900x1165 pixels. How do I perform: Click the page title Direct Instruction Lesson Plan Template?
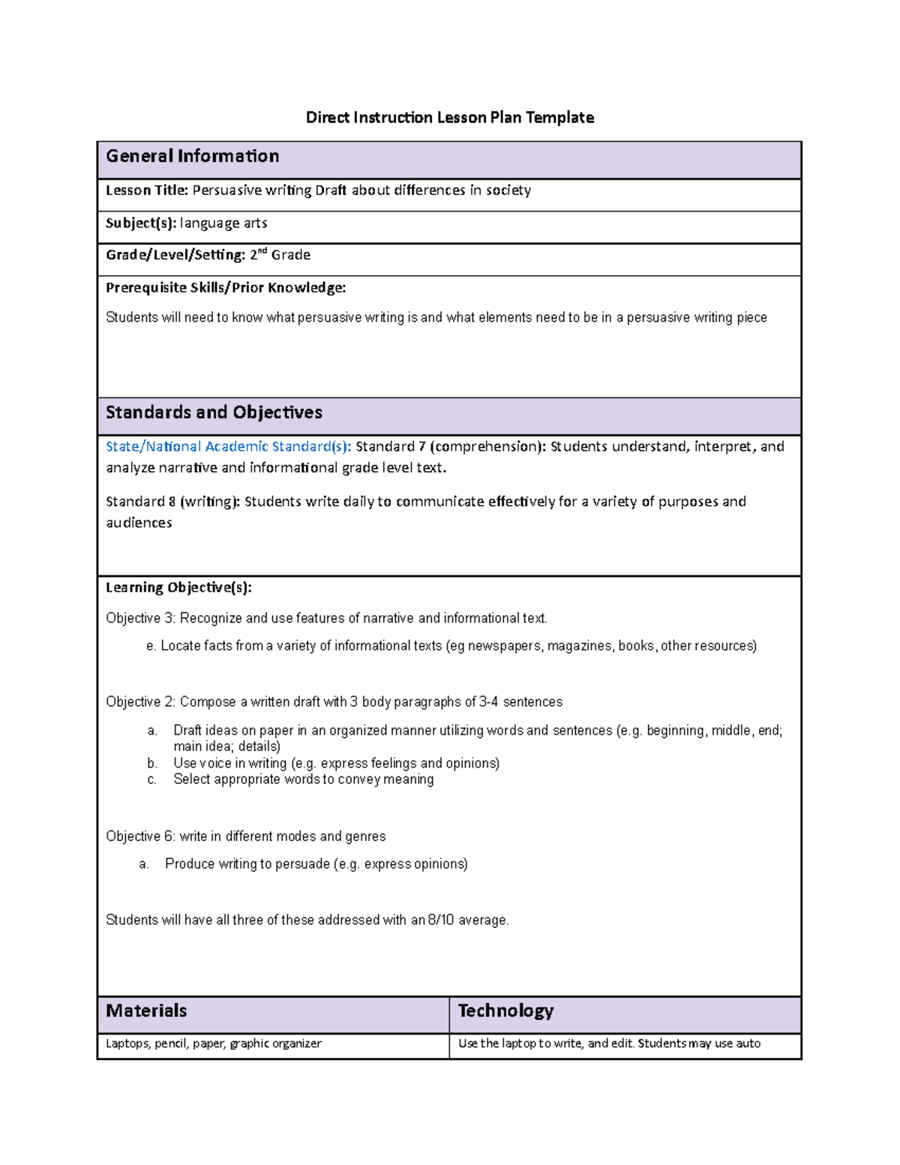pyautogui.click(x=449, y=118)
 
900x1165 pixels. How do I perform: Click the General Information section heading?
pyautogui.click(x=193, y=156)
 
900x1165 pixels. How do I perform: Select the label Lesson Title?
pyautogui.click(x=147, y=191)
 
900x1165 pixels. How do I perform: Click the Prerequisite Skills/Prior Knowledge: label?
pyautogui.click(x=226, y=287)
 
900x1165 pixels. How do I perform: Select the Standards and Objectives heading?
pyautogui.click(x=214, y=413)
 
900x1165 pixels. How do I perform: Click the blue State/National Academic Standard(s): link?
pyautogui.click(x=228, y=446)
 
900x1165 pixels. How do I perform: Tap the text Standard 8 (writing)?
pyautogui.click(x=172, y=501)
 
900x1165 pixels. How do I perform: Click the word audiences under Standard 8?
pyautogui.click(x=139, y=523)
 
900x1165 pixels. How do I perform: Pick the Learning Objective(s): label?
pyautogui.click(x=178, y=587)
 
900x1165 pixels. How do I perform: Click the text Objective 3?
pyautogui.click(x=140, y=618)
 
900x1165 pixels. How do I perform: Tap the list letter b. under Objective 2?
pyautogui.click(x=152, y=764)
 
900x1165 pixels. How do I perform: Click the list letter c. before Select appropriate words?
pyautogui.click(x=152, y=779)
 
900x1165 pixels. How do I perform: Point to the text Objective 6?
pyautogui.click(x=140, y=836)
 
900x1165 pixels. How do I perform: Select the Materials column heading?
pyautogui.click(x=146, y=1010)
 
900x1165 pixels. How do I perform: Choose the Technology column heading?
pyautogui.click(x=505, y=1010)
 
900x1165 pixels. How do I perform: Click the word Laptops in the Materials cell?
pyautogui.click(x=127, y=1043)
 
